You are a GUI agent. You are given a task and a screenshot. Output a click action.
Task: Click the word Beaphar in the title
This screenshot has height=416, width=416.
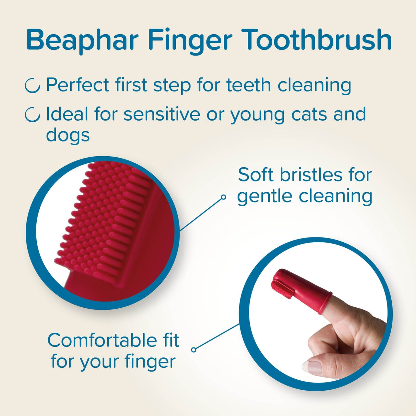(82, 40)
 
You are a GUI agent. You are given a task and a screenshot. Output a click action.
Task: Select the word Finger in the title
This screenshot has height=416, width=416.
(190, 40)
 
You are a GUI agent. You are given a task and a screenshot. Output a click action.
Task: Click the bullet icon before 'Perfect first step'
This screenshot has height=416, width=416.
(33, 86)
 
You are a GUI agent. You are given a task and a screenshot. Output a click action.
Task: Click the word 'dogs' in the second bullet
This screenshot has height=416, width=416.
(68, 135)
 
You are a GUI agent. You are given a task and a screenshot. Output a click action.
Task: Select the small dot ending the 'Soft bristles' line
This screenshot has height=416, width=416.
(223, 197)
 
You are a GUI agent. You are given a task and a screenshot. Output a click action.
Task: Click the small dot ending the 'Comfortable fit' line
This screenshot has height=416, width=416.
(194, 350)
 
